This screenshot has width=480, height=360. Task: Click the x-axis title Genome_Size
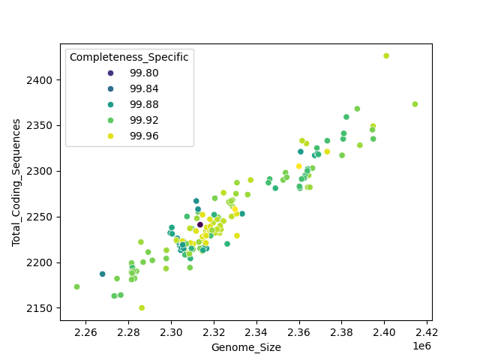tap(246, 347)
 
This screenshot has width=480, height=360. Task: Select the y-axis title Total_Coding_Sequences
tap(16, 182)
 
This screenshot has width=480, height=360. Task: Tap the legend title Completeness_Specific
tap(129, 57)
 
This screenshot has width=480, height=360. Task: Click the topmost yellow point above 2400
tap(386, 56)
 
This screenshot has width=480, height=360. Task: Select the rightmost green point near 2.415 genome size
tap(415, 104)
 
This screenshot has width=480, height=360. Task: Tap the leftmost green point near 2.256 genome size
tap(77, 286)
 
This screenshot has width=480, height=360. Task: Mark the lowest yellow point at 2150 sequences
tap(142, 307)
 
